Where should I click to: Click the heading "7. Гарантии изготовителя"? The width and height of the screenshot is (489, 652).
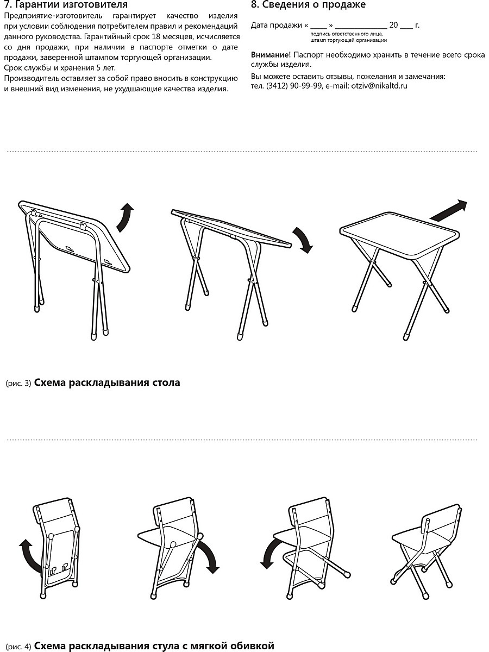click(66, 4)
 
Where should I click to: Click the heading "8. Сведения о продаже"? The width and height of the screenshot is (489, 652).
click(308, 4)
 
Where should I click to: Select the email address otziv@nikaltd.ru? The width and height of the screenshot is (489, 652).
click(379, 86)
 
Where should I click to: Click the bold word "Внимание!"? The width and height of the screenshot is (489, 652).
click(271, 55)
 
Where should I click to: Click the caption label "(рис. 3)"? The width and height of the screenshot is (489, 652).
click(18, 383)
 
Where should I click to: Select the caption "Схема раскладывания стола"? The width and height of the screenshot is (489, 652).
click(107, 383)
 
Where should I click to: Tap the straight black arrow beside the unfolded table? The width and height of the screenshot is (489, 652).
click(449, 211)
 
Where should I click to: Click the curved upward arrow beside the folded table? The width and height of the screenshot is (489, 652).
click(124, 218)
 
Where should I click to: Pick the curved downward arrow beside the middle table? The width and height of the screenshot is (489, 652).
click(303, 240)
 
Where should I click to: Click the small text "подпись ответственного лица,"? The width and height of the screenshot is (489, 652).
click(347, 34)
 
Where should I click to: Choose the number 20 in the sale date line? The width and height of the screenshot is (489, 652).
click(393, 25)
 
